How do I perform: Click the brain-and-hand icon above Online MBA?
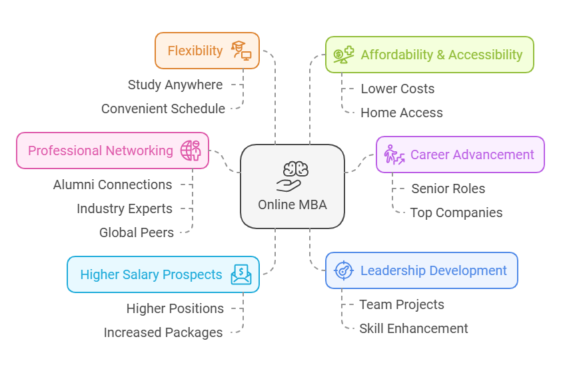pyautogui.click(x=292, y=176)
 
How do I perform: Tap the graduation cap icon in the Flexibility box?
pyautogui.click(x=241, y=51)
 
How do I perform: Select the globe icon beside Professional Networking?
pyautogui.click(x=191, y=151)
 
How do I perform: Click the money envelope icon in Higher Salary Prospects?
pyautogui.click(x=241, y=274)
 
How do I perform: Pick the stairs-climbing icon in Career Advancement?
pyautogui.click(x=394, y=155)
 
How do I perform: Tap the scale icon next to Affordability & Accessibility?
pyautogui.click(x=344, y=55)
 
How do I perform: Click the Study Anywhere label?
pyautogui.click(x=175, y=85)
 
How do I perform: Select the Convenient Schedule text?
pyautogui.click(x=163, y=109)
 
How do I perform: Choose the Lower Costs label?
pyautogui.click(x=397, y=89)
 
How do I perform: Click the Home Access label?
pyautogui.click(x=401, y=113)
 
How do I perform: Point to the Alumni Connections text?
pyautogui.click(x=113, y=185)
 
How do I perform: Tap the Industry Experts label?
pyautogui.click(x=125, y=208)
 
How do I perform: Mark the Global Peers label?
pyautogui.click(x=137, y=232)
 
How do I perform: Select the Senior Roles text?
pyautogui.click(x=448, y=188)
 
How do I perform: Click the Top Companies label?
pyautogui.click(x=456, y=212)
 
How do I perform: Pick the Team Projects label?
pyautogui.click(x=402, y=304)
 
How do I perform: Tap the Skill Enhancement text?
pyautogui.click(x=414, y=328)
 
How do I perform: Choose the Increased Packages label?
pyautogui.click(x=163, y=332)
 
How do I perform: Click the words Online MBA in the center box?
pyautogui.click(x=292, y=204)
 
